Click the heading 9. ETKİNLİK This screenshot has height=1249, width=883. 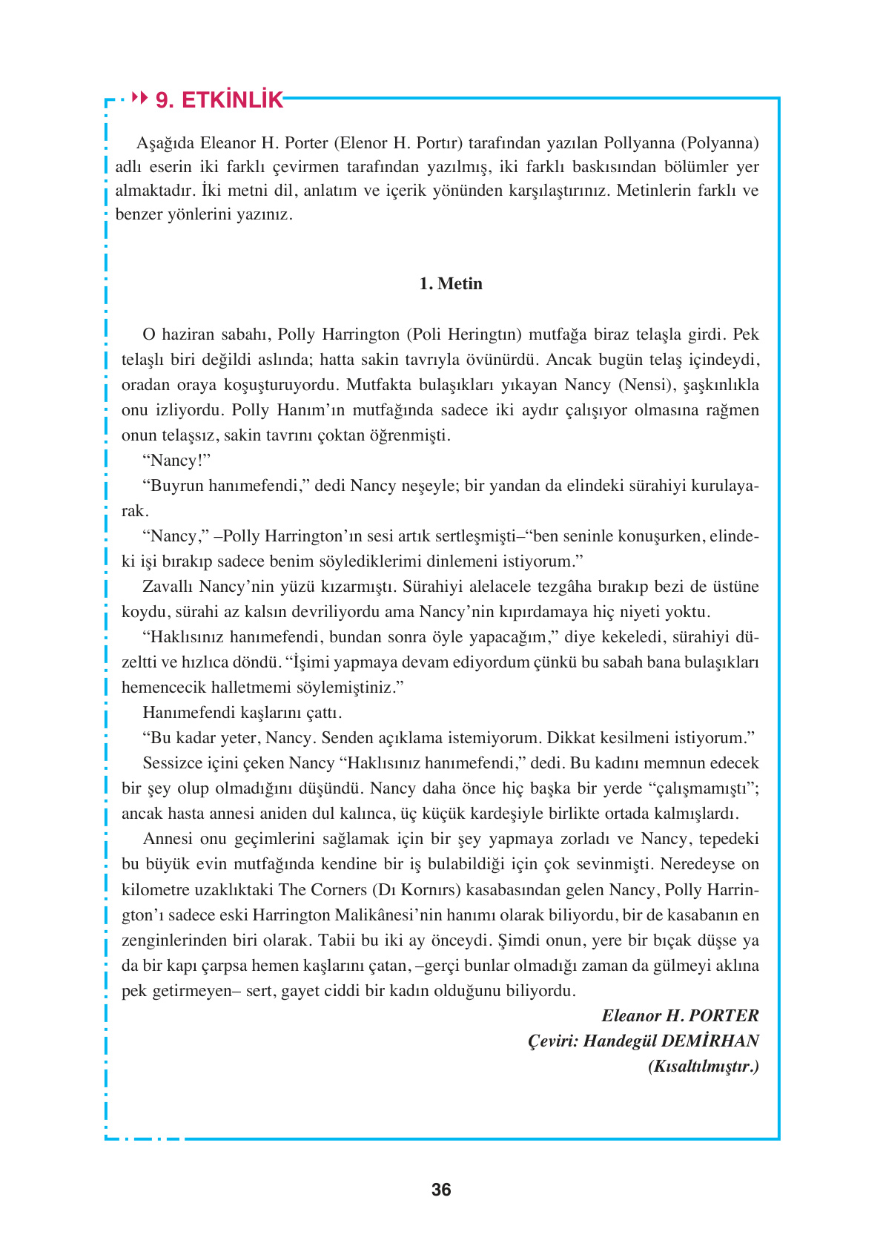tap(219, 100)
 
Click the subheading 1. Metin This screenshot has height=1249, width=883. tap(451, 283)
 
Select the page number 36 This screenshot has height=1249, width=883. tap(441, 1190)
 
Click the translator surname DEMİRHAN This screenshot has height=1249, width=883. tap(710, 1041)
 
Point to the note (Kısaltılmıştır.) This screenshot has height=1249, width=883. tap(703, 1066)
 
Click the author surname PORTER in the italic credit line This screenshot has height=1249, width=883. tap(724, 1015)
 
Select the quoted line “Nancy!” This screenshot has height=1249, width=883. tap(176, 461)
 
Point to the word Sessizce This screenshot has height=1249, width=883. tap(176, 763)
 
